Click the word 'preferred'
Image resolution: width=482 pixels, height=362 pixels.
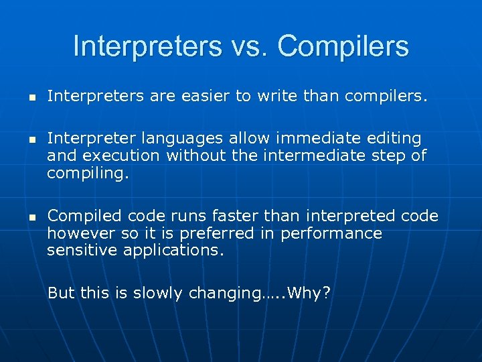(x=238, y=234)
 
